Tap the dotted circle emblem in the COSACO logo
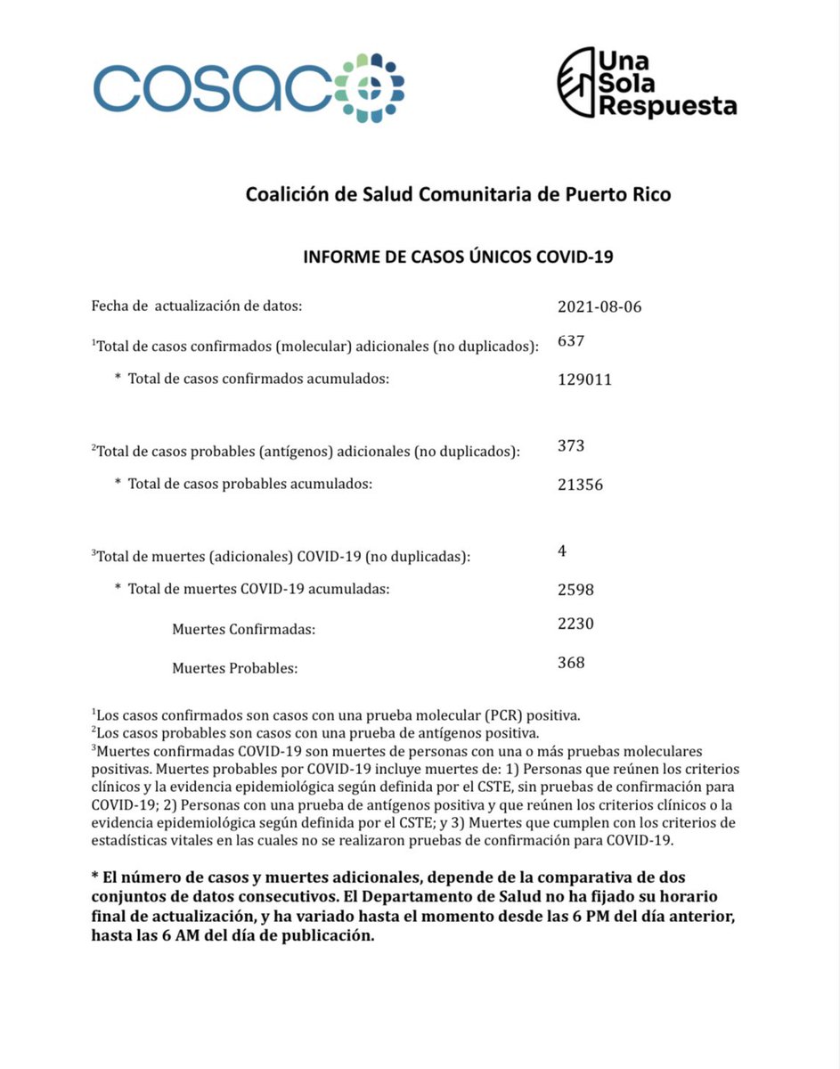point(371,88)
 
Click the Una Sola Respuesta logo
point(647,83)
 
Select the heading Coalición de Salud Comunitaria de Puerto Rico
point(458,193)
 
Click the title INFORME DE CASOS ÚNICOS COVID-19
point(458,257)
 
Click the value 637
point(570,340)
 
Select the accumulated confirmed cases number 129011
point(584,379)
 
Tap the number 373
point(571,445)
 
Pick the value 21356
point(581,485)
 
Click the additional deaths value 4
point(562,551)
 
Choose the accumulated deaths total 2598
point(575,590)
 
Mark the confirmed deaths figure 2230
point(575,624)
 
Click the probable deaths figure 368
point(571,662)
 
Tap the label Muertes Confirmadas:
point(244,630)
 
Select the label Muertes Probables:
point(234,667)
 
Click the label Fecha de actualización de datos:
point(197,306)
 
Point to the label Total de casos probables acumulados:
point(249,485)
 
